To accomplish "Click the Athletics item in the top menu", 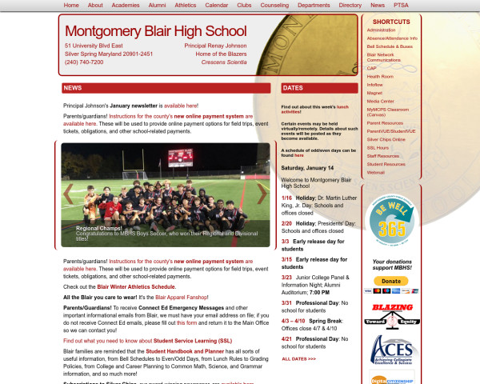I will [185, 5].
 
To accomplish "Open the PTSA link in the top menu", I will [423, 5].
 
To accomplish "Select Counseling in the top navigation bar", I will [274, 5].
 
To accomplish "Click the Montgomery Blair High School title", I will [156, 31].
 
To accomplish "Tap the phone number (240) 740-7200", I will [84, 62].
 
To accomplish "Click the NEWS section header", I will [73, 88].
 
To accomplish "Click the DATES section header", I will [294, 88].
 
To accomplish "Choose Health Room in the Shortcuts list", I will [380, 76].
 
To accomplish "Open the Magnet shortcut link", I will [375, 93].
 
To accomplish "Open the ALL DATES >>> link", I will [298, 359].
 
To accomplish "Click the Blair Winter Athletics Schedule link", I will [163, 286].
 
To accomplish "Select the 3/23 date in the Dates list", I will [286, 277].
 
